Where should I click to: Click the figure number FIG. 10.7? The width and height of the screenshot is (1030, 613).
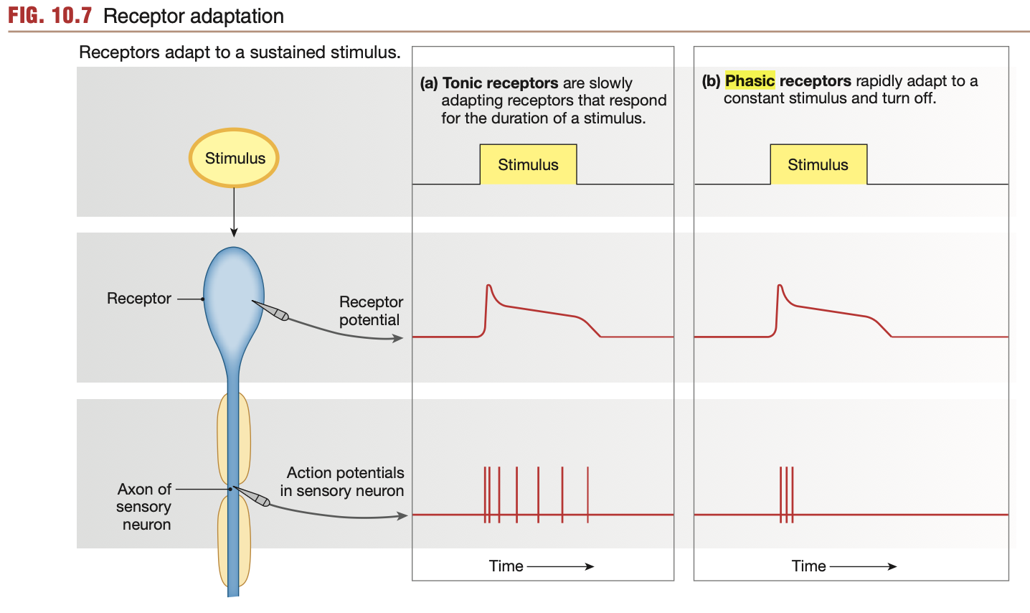click(x=50, y=16)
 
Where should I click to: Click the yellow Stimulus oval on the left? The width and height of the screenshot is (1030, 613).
click(x=234, y=158)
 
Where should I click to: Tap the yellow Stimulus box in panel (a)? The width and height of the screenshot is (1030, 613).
click(x=528, y=164)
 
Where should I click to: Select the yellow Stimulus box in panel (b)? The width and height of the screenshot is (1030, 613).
click(x=818, y=164)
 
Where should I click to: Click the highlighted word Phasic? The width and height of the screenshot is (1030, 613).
click(x=750, y=80)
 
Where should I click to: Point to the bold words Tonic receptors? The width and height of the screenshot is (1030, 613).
click(x=500, y=83)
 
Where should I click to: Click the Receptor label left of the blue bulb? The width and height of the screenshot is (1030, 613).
click(x=139, y=299)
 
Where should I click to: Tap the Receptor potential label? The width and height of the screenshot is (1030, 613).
click(x=370, y=311)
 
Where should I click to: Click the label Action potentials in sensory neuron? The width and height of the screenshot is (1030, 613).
click(x=342, y=482)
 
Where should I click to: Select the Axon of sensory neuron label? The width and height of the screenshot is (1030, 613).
click(x=145, y=507)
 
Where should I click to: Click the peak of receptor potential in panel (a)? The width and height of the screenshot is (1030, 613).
click(x=488, y=286)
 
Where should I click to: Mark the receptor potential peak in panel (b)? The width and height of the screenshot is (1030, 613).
click(x=779, y=286)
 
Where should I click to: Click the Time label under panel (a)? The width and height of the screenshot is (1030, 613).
click(x=506, y=566)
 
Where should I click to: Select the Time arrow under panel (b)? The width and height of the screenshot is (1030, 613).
click(x=863, y=566)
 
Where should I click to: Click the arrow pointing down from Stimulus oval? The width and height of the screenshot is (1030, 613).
click(x=234, y=212)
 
